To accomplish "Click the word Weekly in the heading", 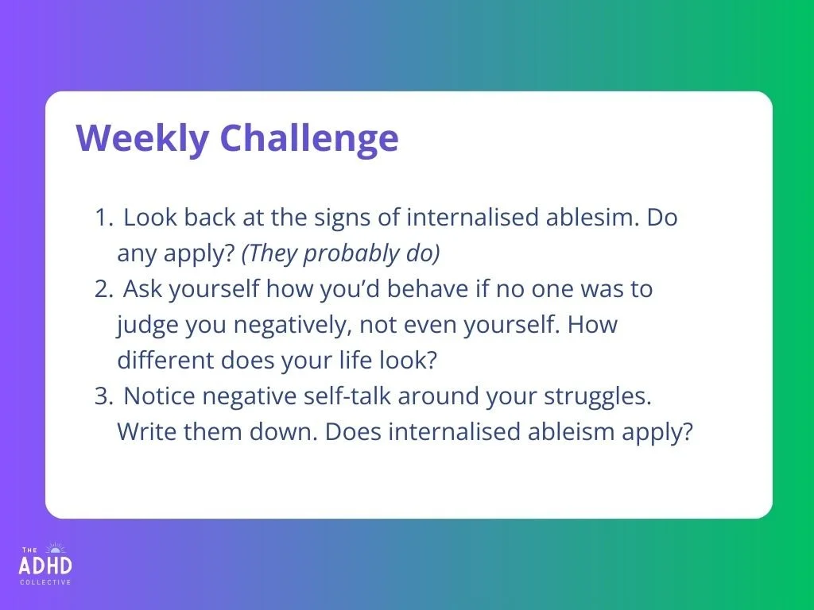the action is click(142, 138).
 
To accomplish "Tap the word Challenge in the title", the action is click(309, 137).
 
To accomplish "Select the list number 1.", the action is click(103, 218).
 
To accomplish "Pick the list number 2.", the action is click(103, 289).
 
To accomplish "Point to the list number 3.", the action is click(104, 396).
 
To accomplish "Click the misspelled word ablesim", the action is click(592, 217).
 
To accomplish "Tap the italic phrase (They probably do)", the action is click(341, 253).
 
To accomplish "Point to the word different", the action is click(165, 360).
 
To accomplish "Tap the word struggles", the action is click(598, 397).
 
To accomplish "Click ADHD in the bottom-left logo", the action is click(45, 566).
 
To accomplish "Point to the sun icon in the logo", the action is click(56, 548).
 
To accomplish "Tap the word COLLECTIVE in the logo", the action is click(45, 582).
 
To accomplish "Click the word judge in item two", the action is click(147, 325).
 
